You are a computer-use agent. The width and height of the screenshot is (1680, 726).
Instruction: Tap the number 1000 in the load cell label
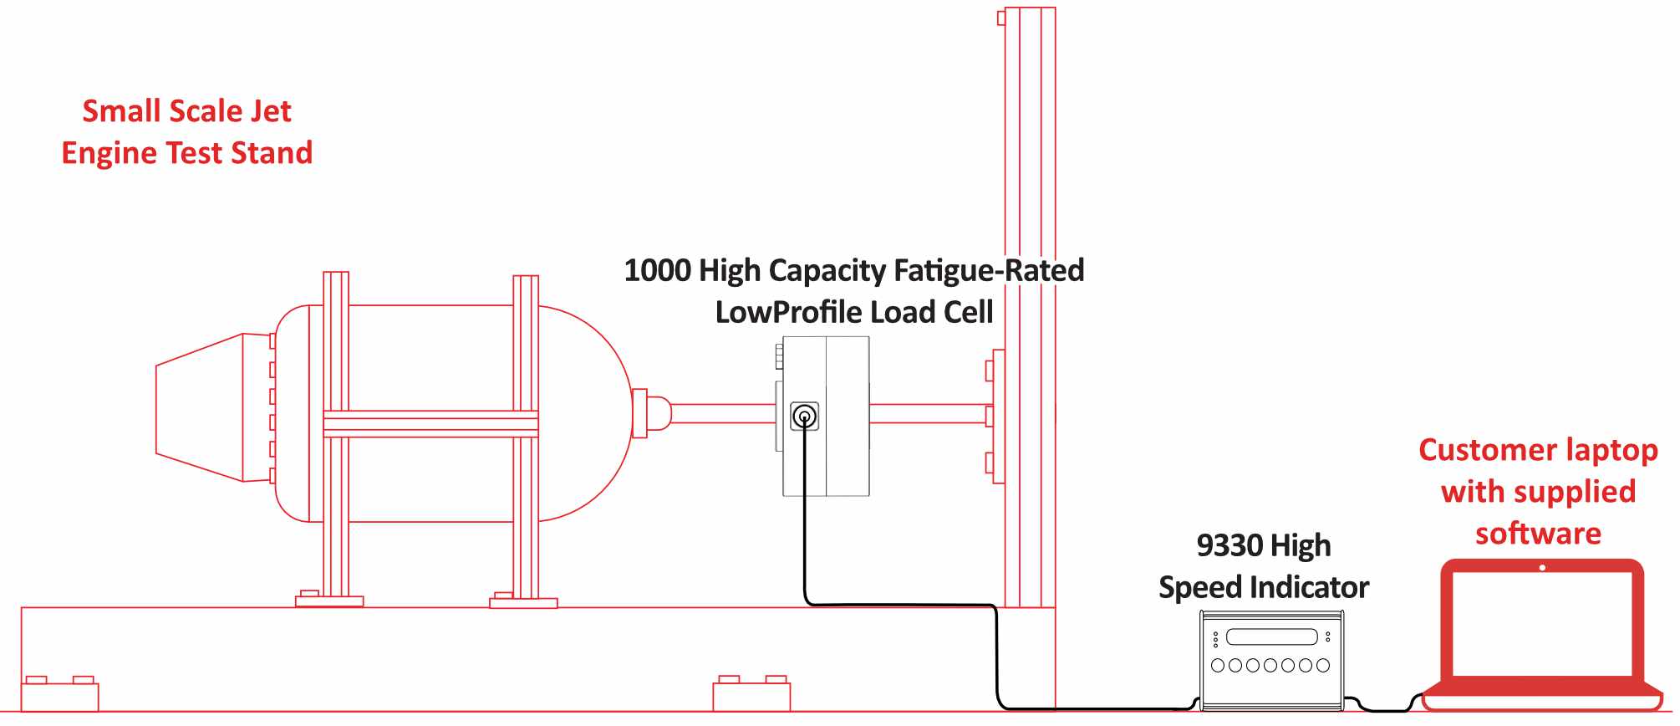[x=657, y=271]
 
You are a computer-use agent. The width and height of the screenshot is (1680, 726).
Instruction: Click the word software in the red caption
[x=1538, y=534]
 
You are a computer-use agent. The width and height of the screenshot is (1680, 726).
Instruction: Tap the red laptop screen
[x=1542, y=623]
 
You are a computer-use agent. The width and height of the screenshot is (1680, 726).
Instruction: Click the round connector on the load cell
[x=804, y=416]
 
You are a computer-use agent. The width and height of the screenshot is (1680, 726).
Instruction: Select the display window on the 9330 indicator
[x=1271, y=637]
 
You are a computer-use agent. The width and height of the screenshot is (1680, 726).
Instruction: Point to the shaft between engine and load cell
[x=723, y=413]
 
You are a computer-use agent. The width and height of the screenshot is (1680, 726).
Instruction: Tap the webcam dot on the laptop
[x=1542, y=568]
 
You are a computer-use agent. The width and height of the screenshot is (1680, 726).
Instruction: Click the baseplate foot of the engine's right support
[x=523, y=601]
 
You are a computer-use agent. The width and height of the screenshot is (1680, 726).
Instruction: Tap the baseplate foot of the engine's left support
[x=329, y=600]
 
